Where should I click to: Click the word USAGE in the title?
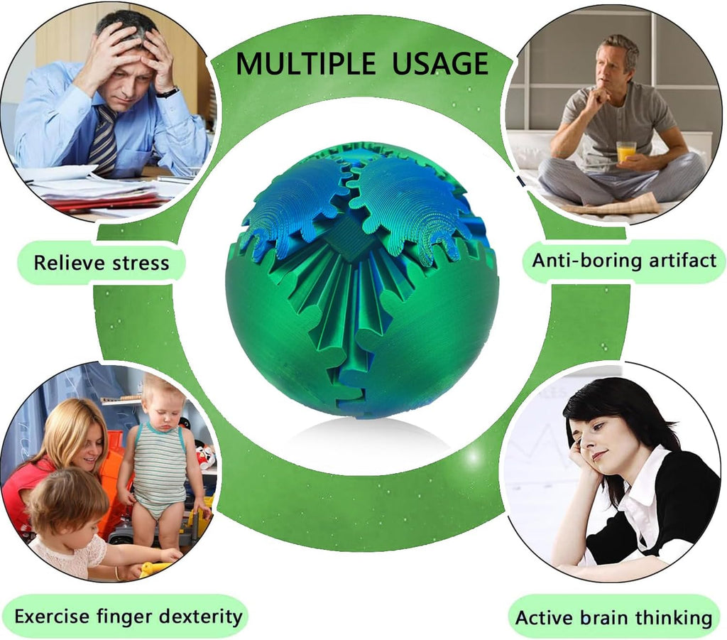click(439, 64)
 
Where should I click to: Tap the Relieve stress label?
click(102, 264)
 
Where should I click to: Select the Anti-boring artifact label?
click(624, 260)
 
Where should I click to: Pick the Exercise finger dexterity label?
click(129, 616)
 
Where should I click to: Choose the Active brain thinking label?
click(613, 617)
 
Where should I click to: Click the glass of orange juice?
click(625, 151)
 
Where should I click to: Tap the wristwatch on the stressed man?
click(168, 92)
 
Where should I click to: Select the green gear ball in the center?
click(362, 281)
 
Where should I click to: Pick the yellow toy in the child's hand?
click(155, 568)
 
